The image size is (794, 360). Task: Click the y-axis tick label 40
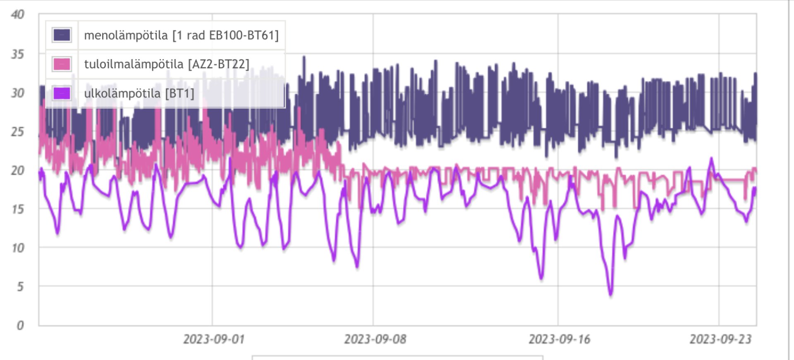point(18,14)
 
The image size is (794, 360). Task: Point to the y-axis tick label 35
point(18,54)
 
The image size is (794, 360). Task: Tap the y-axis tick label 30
point(18,93)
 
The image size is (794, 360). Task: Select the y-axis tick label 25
point(18,132)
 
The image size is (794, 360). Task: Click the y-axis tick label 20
point(18,170)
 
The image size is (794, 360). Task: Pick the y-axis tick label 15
point(18,209)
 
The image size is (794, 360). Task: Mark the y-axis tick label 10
point(18,248)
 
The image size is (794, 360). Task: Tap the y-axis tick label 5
point(20,286)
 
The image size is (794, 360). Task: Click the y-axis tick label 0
point(20,325)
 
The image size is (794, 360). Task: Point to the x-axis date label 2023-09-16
point(559,339)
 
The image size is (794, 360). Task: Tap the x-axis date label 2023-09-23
point(720,339)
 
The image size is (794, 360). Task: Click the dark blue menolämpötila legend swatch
point(62,35)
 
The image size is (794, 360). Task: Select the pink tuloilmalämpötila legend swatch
point(62,64)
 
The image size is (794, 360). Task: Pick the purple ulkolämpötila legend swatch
point(62,93)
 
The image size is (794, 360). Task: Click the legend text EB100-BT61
point(244,36)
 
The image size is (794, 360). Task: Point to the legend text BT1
point(179,93)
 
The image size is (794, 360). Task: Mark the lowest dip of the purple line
point(610,294)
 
